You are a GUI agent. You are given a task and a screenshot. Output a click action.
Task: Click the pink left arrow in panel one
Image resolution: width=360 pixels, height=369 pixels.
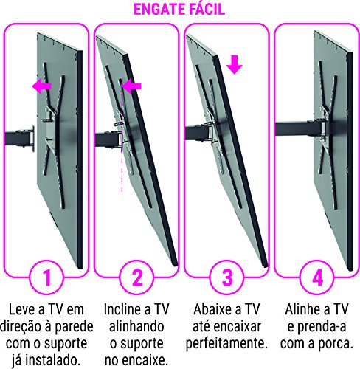click(42, 87)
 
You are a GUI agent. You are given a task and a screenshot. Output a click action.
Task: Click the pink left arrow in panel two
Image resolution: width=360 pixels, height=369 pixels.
click(131, 87)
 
